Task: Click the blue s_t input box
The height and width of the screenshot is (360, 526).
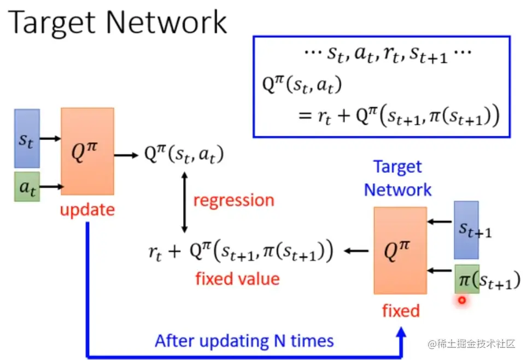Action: [27, 138]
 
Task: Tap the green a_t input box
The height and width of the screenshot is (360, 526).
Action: [27, 187]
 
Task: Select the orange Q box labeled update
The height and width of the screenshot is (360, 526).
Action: [87, 151]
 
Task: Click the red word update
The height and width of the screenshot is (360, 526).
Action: [87, 210]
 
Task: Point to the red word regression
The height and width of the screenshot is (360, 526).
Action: [233, 200]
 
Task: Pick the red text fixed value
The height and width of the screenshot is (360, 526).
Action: [237, 279]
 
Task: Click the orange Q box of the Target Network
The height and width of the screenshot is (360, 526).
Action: [400, 250]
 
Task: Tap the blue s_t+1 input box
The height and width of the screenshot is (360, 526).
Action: [466, 230]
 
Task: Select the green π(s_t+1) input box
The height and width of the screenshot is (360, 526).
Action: [466, 280]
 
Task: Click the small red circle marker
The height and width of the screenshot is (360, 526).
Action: [462, 300]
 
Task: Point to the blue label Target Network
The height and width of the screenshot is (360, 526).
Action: [398, 178]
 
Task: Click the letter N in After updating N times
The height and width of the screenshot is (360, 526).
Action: [278, 341]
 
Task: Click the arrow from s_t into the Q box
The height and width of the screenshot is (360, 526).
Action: [50, 138]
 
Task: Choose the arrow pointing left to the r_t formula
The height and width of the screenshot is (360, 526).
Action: [355, 251]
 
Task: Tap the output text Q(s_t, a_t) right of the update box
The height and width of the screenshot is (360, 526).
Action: [184, 155]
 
